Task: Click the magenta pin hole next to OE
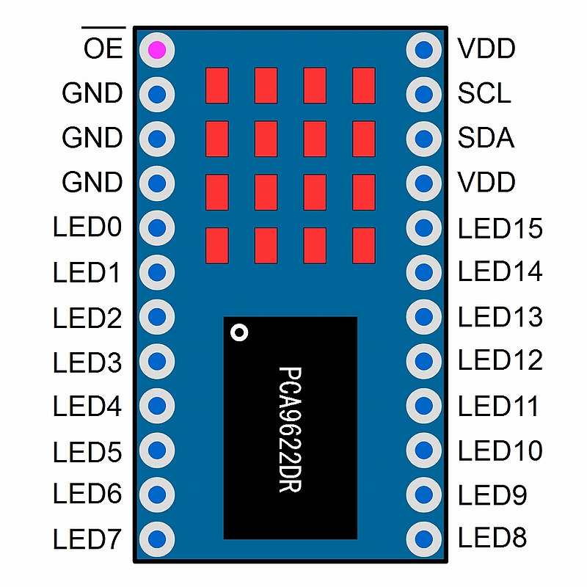[x=157, y=50]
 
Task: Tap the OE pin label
[x=103, y=48]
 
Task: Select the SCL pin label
[x=484, y=93]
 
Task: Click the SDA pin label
[x=486, y=138]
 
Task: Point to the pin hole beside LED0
[x=157, y=227]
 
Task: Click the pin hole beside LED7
[x=157, y=539]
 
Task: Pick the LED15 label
[x=500, y=228]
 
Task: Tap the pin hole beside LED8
[x=424, y=539]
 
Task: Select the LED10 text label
[x=500, y=451]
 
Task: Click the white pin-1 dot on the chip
[x=239, y=332]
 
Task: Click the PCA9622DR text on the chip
[x=290, y=429]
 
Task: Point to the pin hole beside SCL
[x=424, y=94]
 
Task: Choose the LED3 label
[x=87, y=362]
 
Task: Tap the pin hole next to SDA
[x=424, y=139]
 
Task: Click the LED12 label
[x=500, y=360]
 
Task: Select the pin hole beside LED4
[x=157, y=406]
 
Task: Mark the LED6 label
[x=87, y=493]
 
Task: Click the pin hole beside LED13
[x=424, y=317]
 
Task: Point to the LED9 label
[x=492, y=495]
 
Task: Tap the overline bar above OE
[x=103, y=27]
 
